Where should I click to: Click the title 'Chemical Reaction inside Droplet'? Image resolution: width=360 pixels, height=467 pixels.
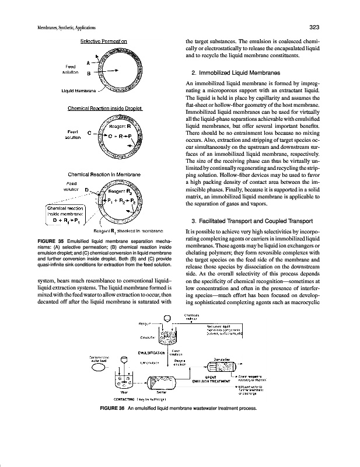click(106, 108)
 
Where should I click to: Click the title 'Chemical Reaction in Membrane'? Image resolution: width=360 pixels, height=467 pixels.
click(105, 175)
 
